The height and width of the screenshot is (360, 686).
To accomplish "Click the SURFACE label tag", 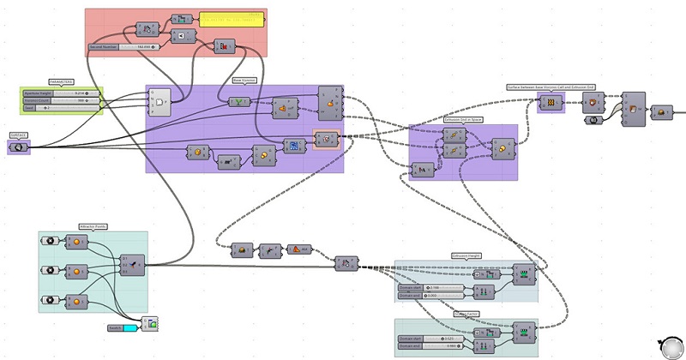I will (18, 135).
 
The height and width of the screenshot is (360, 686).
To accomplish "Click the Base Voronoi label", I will (246, 81).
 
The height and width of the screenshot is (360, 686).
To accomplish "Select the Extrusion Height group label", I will (466, 255).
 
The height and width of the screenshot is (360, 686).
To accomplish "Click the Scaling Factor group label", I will (466, 315).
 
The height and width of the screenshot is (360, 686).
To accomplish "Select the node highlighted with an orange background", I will (326, 138).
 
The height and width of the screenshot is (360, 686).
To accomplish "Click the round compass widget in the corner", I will (666, 344).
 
